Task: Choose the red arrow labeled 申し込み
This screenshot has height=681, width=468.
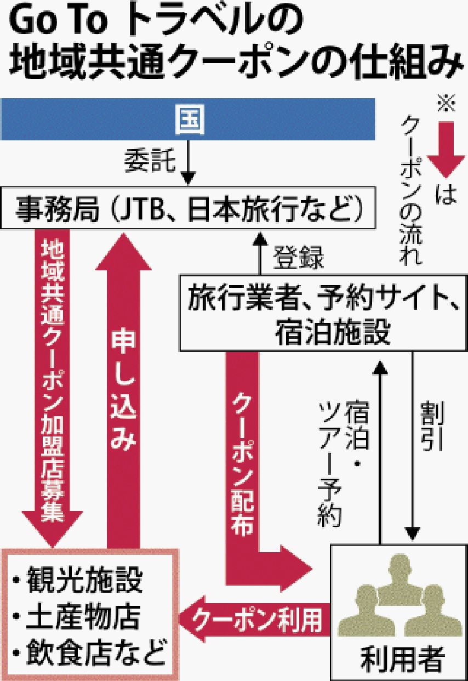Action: pyautogui.click(x=124, y=384)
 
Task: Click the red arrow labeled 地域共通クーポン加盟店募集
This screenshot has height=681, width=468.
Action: pyautogui.click(x=52, y=384)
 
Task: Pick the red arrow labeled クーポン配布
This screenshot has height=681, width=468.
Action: pyautogui.click(x=242, y=466)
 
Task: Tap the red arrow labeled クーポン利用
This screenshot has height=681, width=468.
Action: pyautogui.click(x=258, y=619)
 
